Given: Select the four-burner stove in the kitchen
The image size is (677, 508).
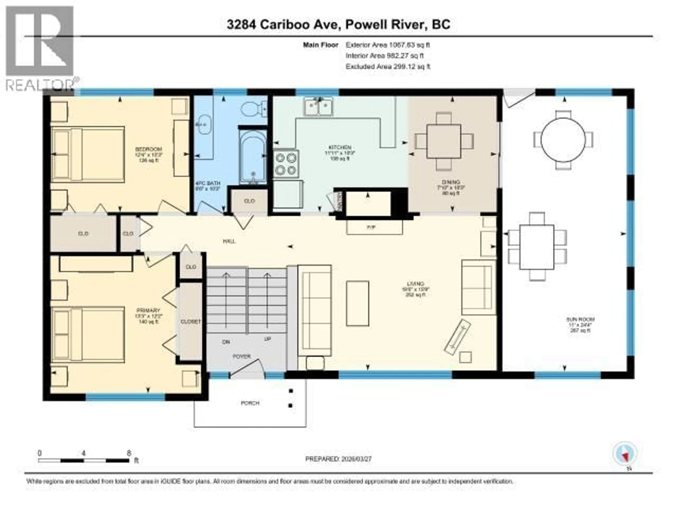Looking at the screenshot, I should click(286, 164).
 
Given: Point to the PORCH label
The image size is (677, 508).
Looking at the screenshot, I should click(250, 403).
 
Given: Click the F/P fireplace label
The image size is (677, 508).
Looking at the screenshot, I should click(371, 228).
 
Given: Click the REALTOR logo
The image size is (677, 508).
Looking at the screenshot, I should click(40, 47).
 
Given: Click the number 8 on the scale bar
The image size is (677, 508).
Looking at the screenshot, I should click(129, 453).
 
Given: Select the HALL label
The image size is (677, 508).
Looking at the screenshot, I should click(229, 241).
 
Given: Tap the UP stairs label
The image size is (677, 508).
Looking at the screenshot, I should click(267, 339).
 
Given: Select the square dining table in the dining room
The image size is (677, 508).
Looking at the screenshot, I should click(444, 141).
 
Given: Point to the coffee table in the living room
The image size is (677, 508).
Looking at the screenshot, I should click(358, 303).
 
